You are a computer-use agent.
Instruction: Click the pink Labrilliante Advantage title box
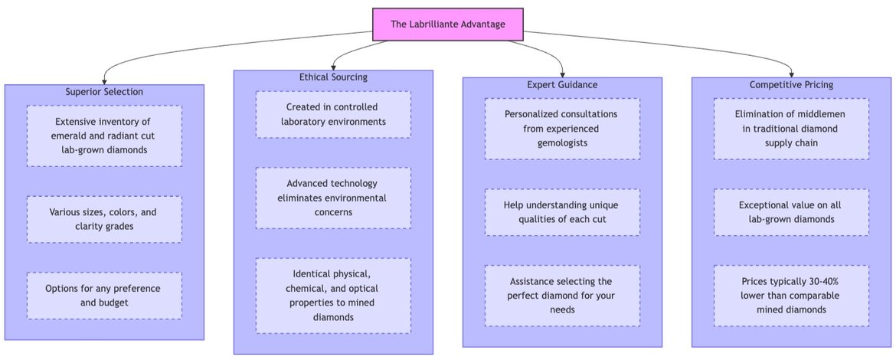(x=448, y=25)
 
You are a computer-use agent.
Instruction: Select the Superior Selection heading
(x=104, y=92)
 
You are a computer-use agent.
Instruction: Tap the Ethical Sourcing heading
(x=333, y=77)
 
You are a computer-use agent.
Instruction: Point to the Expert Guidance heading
(x=562, y=84)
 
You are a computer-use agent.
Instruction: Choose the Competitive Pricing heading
(x=791, y=84)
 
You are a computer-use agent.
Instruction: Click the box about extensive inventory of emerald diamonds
(x=104, y=136)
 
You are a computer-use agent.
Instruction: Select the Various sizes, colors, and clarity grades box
(x=104, y=219)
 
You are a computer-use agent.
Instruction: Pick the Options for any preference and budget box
(x=104, y=295)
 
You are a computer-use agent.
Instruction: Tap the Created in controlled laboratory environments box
(x=333, y=114)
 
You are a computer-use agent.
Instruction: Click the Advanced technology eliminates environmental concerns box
(x=333, y=198)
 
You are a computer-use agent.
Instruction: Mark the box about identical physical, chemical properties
(x=333, y=295)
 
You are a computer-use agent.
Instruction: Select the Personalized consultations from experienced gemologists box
(x=562, y=128)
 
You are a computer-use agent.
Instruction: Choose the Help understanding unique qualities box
(x=562, y=212)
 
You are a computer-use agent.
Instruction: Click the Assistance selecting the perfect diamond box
(x=562, y=295)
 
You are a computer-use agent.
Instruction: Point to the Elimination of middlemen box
(x=791, y=128)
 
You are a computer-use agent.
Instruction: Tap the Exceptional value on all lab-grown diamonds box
(x=791, y=212)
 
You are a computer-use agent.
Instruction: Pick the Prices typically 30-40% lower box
(x=791, y=295)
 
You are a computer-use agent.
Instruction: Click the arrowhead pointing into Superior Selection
(x=104, y=80)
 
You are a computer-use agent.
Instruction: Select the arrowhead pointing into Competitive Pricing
(x=791, y=74)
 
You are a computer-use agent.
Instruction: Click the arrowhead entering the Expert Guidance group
(x=562, y=74)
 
